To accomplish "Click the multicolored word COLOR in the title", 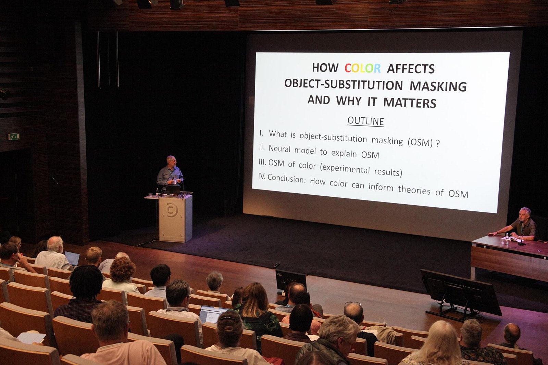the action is click(363, 68).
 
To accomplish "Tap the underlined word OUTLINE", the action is click(365, 121).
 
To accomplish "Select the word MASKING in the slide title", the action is click(438, 86).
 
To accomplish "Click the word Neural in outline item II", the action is click(279, 149).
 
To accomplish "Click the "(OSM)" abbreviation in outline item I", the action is click(420, 142).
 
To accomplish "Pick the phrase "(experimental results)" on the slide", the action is click(361, 169).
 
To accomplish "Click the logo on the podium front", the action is click(172, 210).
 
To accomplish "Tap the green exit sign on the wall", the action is click(14, 136).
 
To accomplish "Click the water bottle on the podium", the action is click(157, 193).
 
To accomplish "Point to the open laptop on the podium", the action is click(173, 190).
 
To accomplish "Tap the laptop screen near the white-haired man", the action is click(72, 259).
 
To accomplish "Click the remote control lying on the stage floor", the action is click(277, 265).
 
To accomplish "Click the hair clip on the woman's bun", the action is click(227, 318).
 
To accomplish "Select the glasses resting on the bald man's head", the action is click(353, 304).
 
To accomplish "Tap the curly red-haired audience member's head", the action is click(123, 269).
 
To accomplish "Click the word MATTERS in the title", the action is click(410, 103).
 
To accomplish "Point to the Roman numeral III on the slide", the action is click(262, 162).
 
